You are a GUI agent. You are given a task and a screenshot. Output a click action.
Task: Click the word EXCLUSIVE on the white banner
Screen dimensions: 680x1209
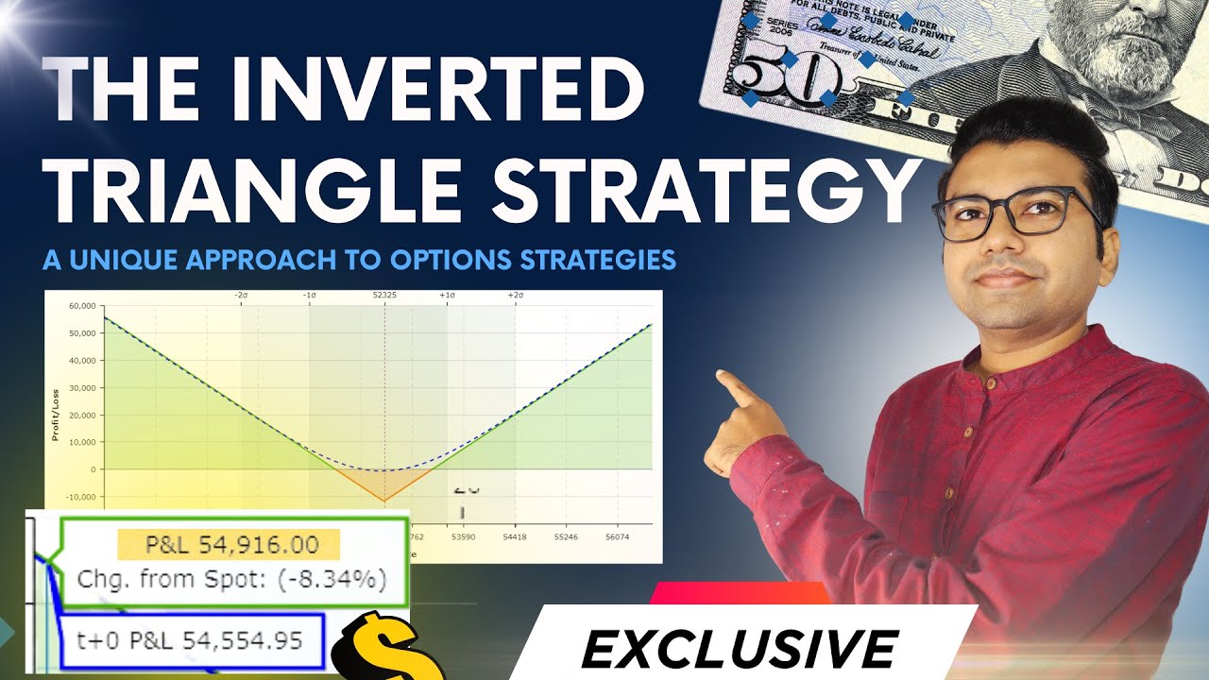coord(739,650)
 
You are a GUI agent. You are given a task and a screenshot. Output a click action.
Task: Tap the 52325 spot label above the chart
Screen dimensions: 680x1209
coord(384,296)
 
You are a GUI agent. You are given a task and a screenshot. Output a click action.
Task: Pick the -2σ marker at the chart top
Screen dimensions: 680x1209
coord(241,296)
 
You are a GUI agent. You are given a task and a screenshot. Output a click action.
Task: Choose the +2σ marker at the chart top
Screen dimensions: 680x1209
coord(516,296)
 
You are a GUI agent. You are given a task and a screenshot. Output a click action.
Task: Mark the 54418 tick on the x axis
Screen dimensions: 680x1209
coord(516,536)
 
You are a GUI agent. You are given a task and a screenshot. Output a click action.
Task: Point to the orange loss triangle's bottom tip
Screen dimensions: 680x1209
coord(384,501)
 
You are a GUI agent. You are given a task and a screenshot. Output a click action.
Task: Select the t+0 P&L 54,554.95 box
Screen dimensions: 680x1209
coord(190,642)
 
